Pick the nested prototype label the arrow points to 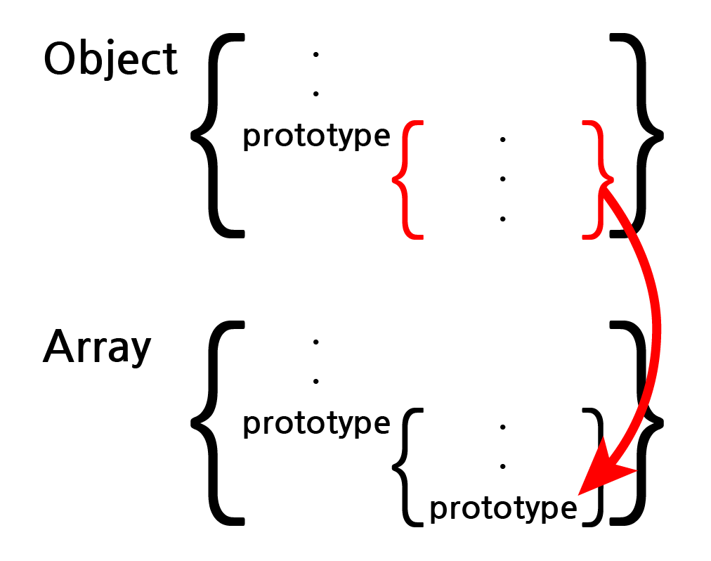click(x=503, y=508)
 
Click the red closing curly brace click(x=598, y=179)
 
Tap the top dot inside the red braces click(x=502, y=140)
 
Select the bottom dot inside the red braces click(x=502, y=219)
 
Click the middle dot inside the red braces click(x=502, y=179)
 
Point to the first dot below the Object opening click(x=315, y=54)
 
